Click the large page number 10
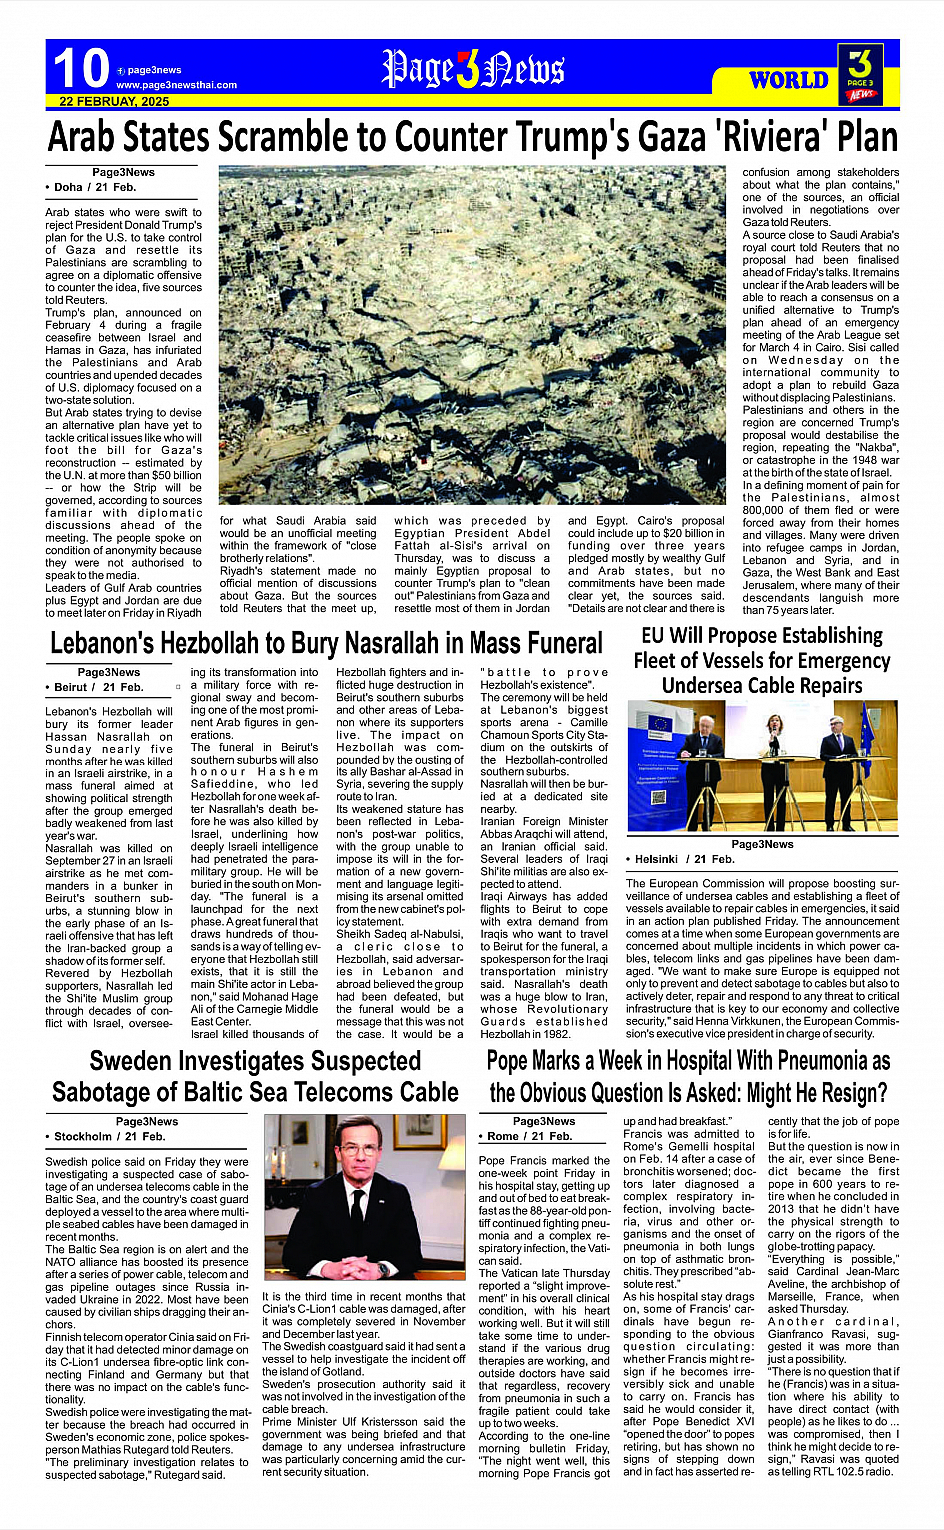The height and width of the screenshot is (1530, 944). click(x=80, y=68)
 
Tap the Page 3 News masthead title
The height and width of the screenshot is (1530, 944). click(x=472, y=69)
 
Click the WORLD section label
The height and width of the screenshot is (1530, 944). click(x=788, y=80)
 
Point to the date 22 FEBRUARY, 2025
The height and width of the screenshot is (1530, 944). click(x=114, y=102)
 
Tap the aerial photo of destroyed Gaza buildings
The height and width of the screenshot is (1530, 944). click(x=472, y=335)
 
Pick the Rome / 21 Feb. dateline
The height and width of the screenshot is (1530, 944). click(x=529, y=1136)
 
